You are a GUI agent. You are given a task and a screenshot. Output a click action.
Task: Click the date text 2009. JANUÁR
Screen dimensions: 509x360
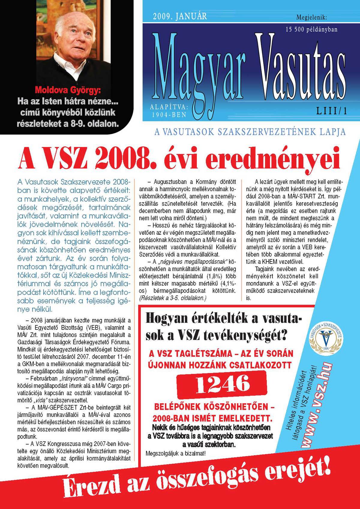(x=180, y=16)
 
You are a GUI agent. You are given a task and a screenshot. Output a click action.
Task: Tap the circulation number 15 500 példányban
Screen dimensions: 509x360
(x=311, y=29)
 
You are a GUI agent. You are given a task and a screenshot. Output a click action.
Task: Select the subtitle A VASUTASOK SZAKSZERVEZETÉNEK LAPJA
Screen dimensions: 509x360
(x=250, y=132)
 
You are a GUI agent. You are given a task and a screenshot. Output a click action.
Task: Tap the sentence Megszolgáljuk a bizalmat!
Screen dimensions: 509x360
(x=176, y=453)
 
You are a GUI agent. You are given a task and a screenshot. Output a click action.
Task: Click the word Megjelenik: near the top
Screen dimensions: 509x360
(x=311, y=17)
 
